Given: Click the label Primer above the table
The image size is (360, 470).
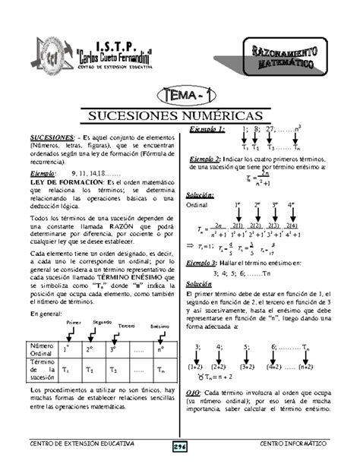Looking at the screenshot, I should (x=74, y=323).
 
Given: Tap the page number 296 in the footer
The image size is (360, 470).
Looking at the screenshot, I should (x=179, y=447).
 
